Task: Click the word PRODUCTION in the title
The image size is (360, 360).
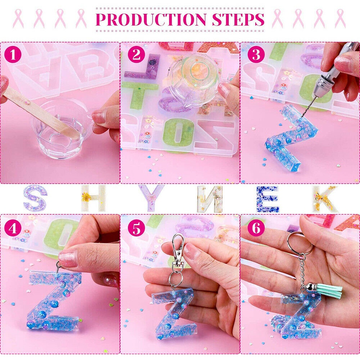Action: [151, 19]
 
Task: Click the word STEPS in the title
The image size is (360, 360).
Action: [238, 19]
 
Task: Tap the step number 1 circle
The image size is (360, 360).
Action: [13, 55]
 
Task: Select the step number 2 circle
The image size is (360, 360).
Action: [136, 55]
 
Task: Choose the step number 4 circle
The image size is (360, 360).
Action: [13, 229]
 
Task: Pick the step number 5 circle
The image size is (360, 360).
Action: [136, 229]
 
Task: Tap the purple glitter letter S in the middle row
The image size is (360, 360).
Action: [35, 198]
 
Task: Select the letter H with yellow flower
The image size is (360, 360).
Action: [93, 198]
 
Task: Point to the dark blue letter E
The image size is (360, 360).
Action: [268, 199]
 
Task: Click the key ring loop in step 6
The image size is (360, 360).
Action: [300, 243]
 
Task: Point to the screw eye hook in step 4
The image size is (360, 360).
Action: [59, 267]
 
